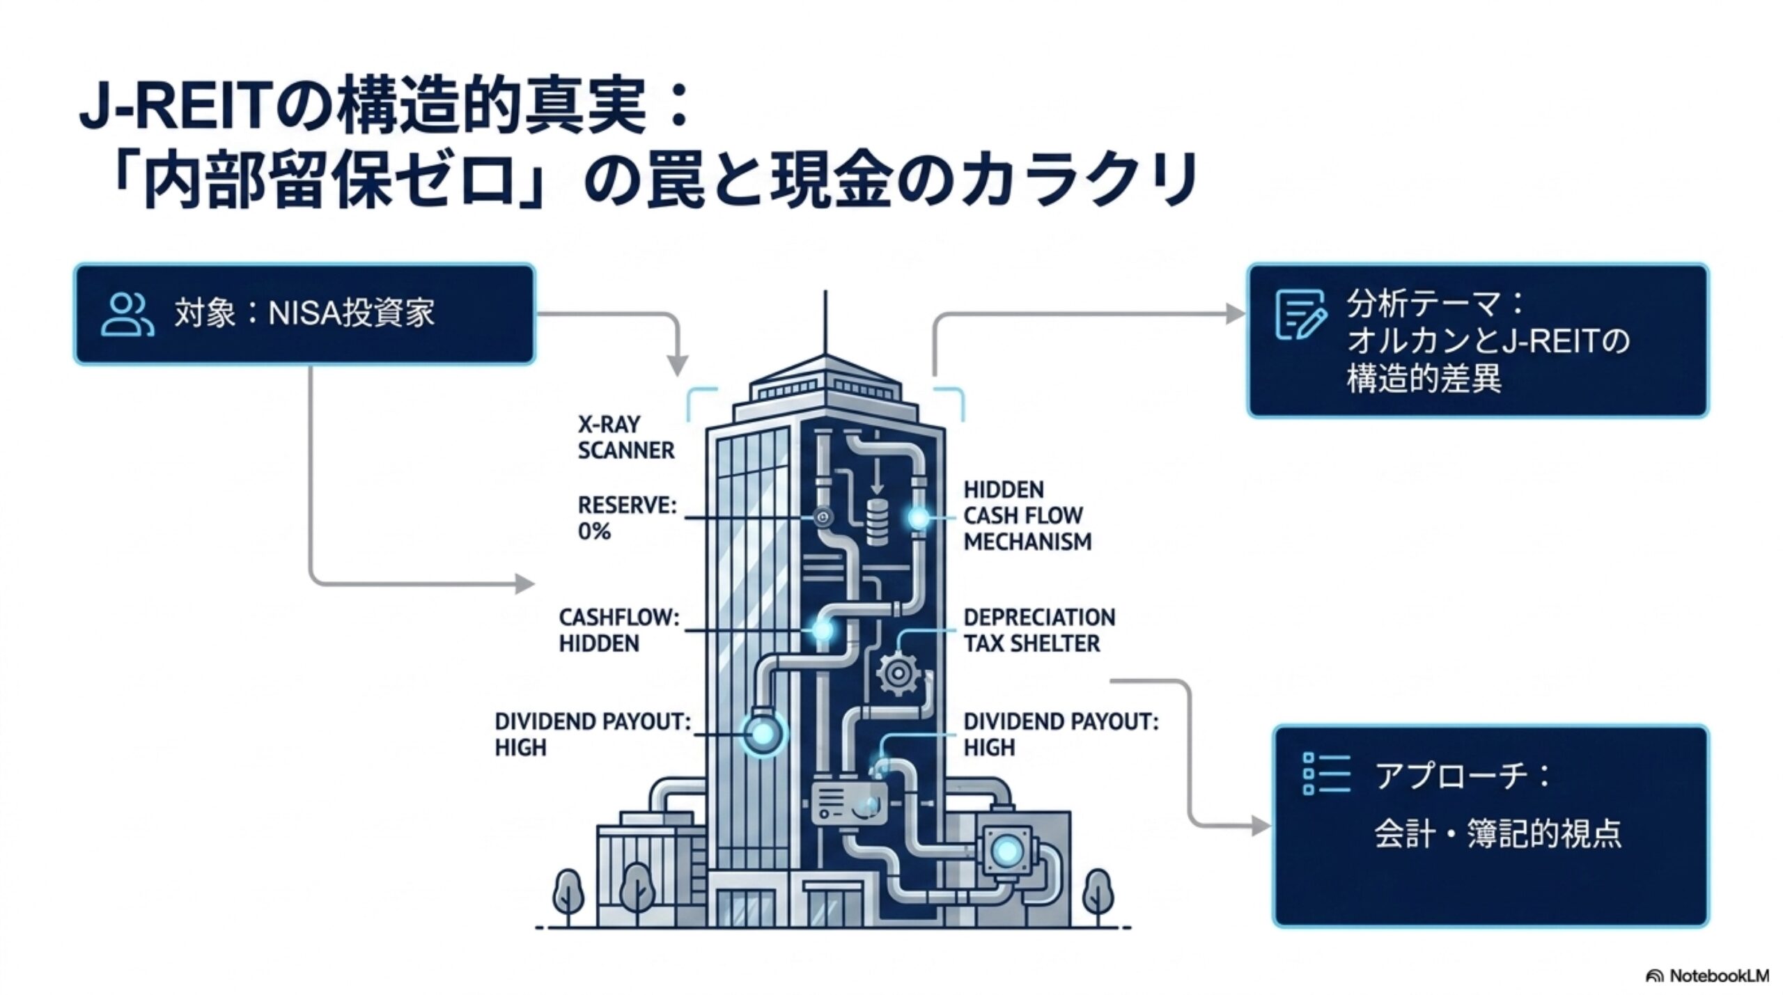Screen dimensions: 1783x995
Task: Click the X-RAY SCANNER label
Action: tap(625, 437)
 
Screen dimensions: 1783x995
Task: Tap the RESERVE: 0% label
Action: tap(627, 518)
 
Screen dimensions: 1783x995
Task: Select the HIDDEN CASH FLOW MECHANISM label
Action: tap(1027, 515)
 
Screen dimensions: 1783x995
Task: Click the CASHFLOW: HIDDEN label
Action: tap(619, 630)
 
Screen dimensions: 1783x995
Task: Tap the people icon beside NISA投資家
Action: tap(127, 315)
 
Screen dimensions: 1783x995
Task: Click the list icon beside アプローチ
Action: tap(1326, 774)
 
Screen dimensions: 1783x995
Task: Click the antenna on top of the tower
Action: tap(825, 323)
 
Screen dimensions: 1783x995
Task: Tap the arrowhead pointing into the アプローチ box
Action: tap(1261, 826)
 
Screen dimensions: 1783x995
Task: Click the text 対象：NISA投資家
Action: tap(304, 313)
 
